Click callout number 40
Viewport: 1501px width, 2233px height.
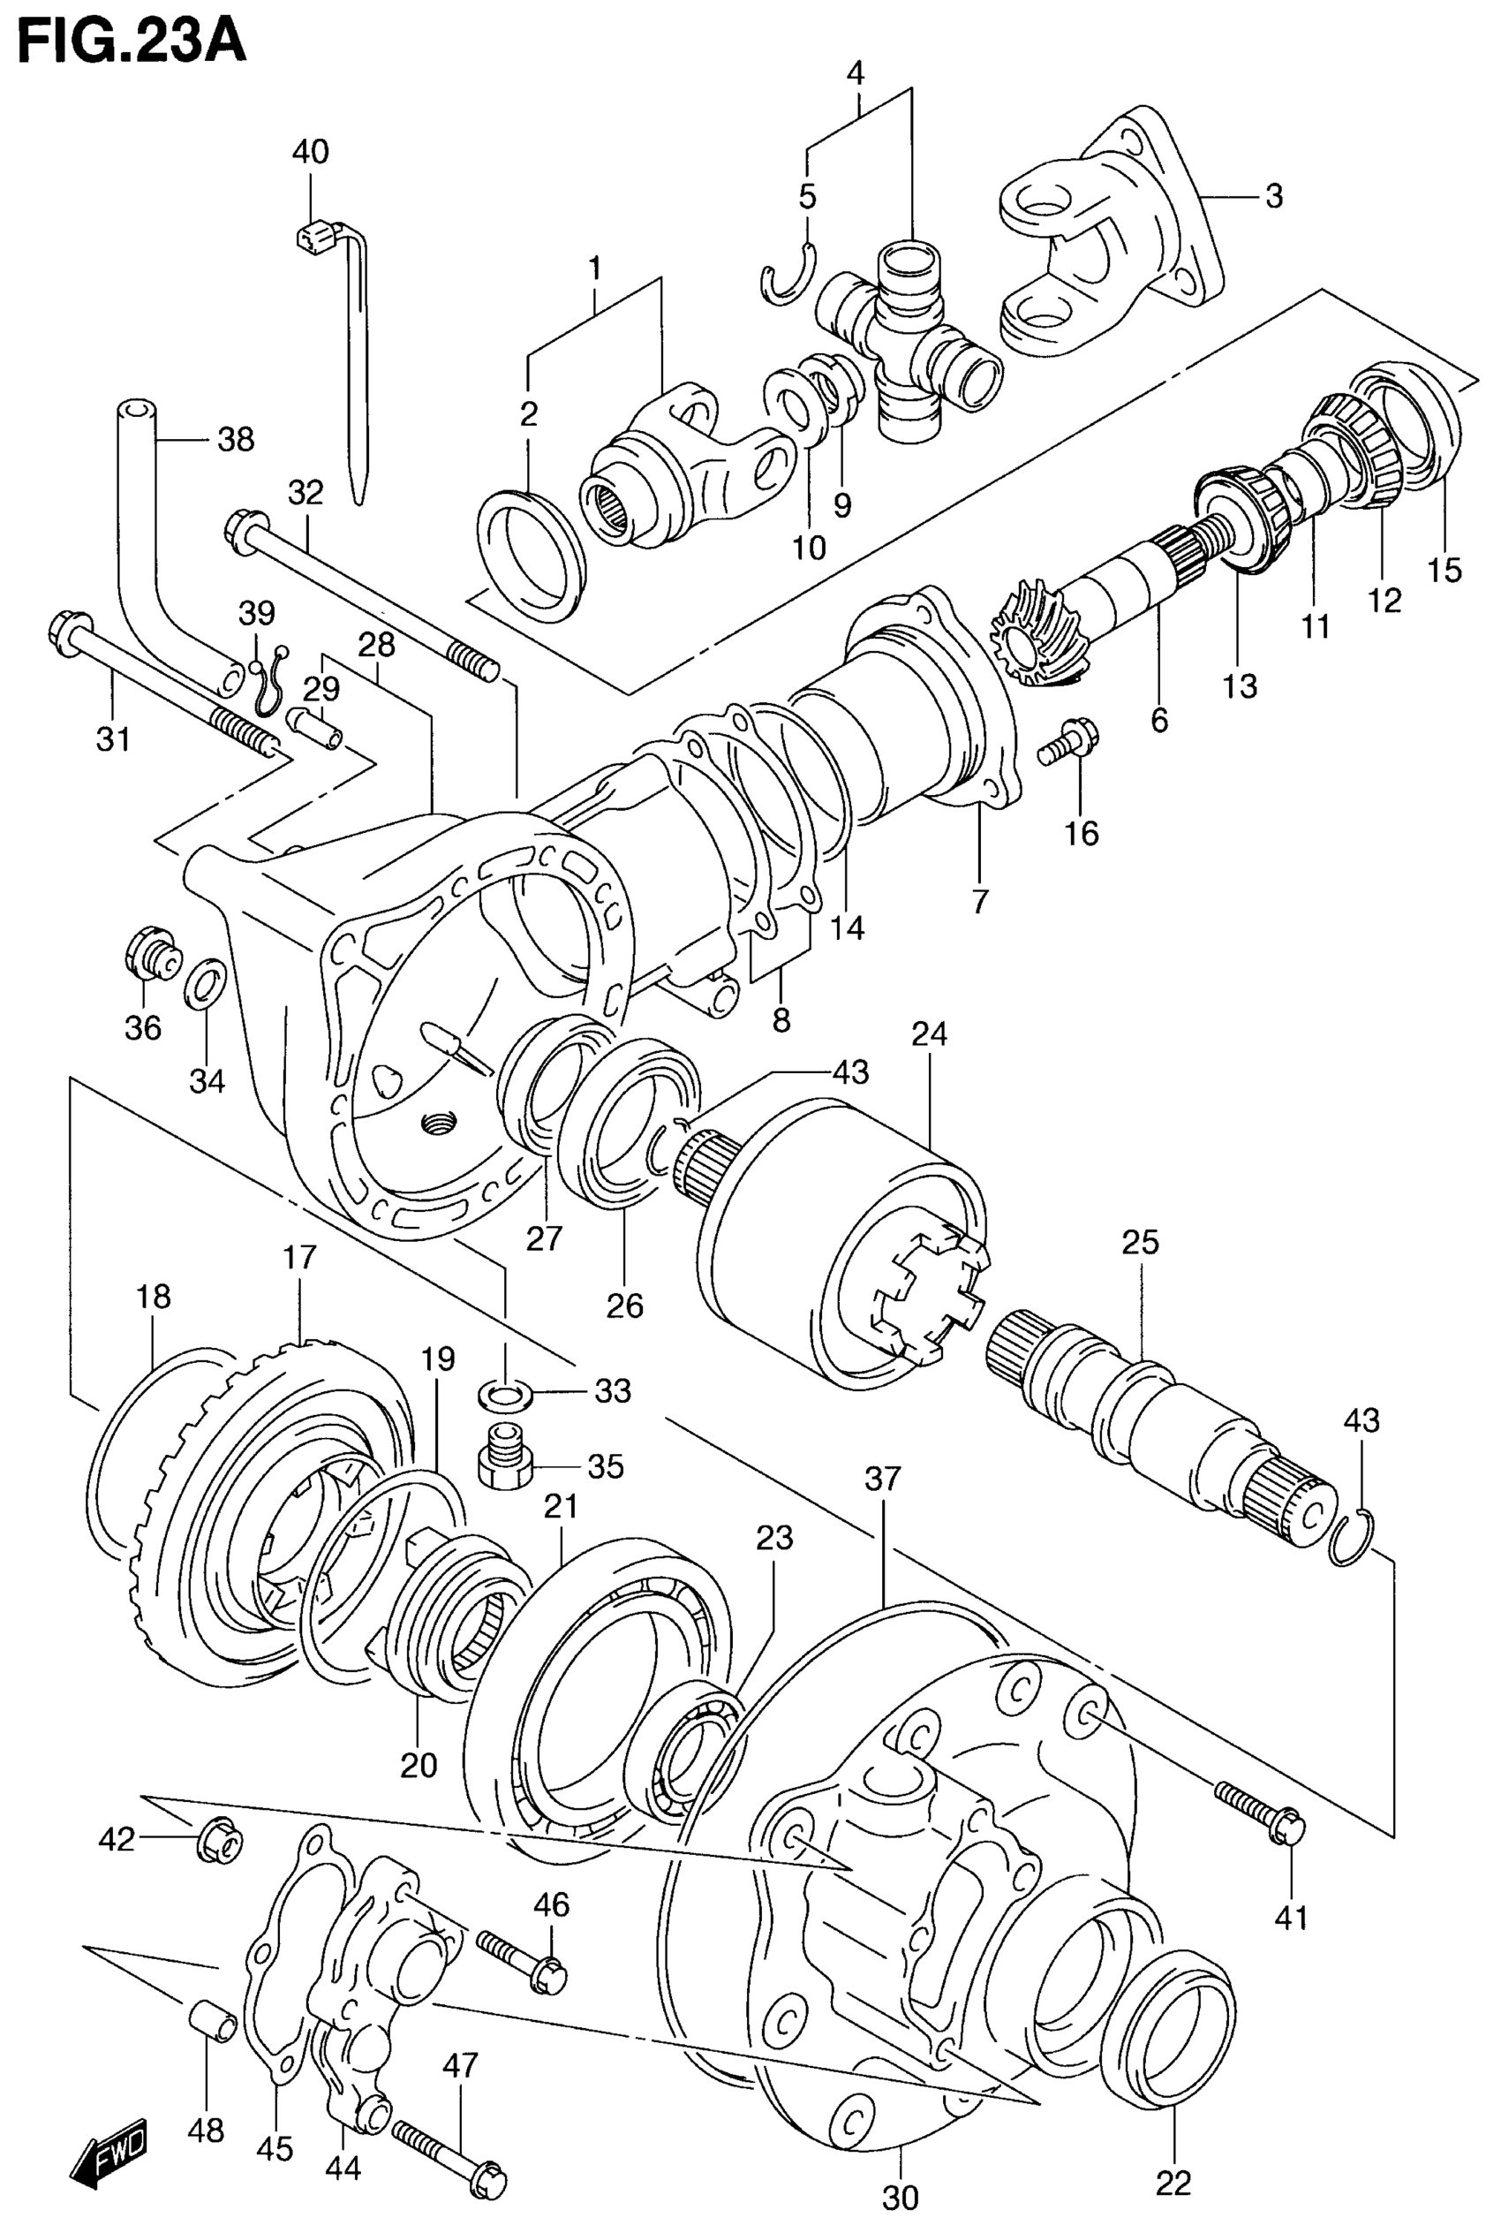point(309,151)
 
